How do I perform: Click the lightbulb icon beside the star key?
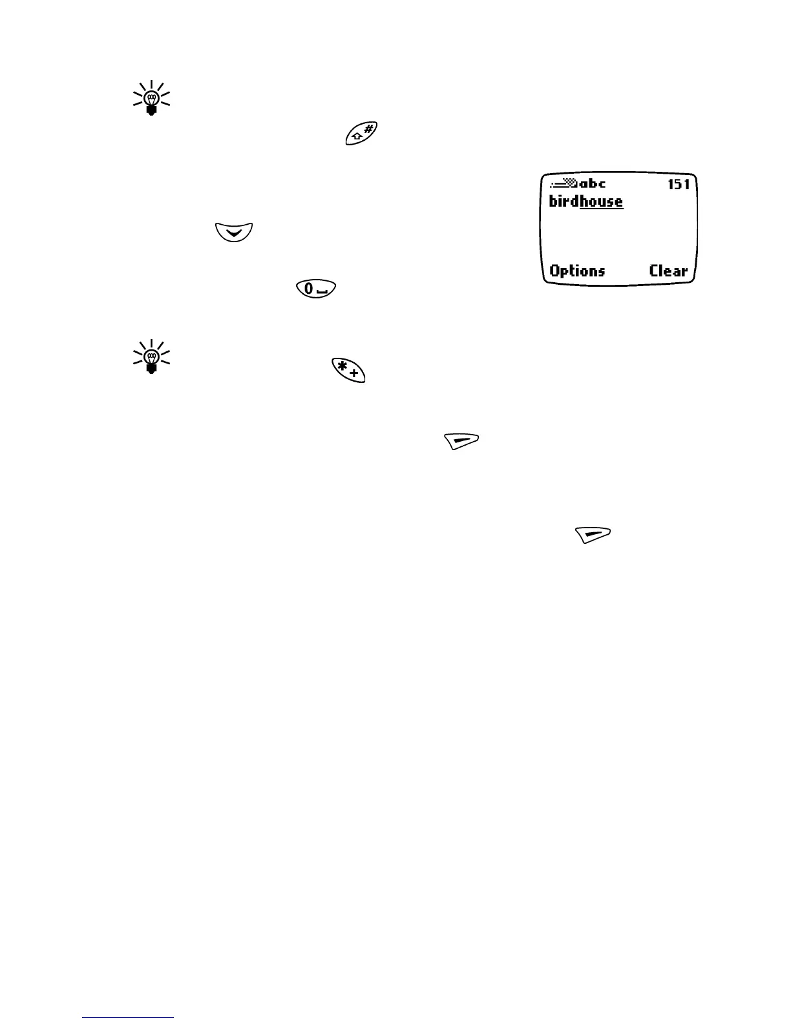pyautogui.click(x=151, y=356)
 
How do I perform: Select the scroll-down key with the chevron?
pyautogui.click(x=233, y=232)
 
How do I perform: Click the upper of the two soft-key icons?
pyautogui.click(x=461, y=441)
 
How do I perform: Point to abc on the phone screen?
pyautogui.click(x=593, y=184)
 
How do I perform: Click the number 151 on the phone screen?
pyautogui.click(x=679, y=185)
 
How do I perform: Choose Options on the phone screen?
pyautogui.click(x=577, y=271)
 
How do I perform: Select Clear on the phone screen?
pyautogui.click(x=668, y=271)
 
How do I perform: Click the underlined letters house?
pyautogui.click(x=601, y=201)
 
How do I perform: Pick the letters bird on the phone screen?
pyautogui.click(x=564, y=201)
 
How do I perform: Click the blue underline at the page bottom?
pyautogui.click(x=129, y=1018)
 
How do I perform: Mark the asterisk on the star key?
pyautogui.click(x=341, y=366)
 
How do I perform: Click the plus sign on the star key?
pyautogui.click(x=354, y=374)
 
